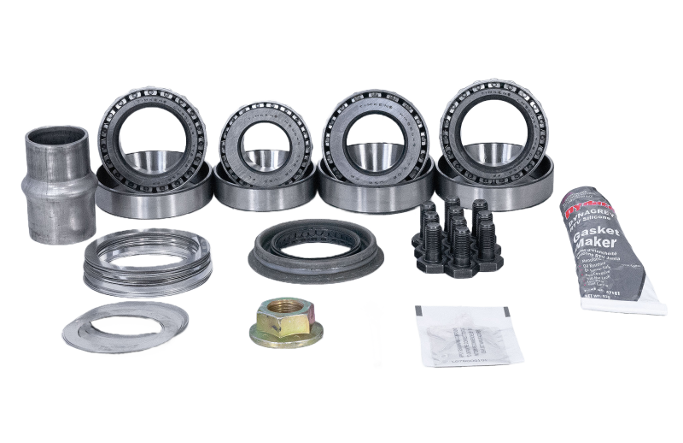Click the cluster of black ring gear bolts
pyautogui.click(x=458, y=235)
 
